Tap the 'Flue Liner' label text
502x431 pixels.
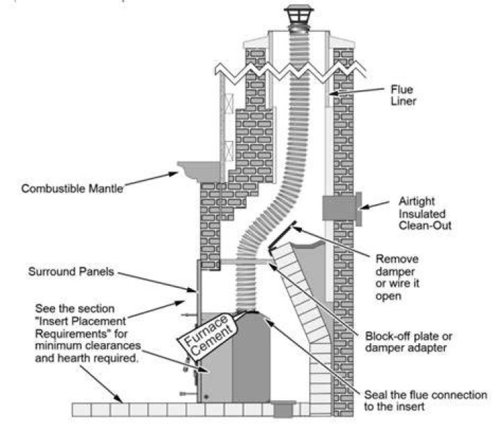click(403, 95)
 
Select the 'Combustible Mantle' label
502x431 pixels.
click(72, 188)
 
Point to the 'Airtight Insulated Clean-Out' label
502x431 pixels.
click(425, 213)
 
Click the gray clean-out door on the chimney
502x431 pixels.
click(342, 209)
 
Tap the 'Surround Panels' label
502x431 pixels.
click(71, 271)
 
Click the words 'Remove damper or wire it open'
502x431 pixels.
click(397, 278)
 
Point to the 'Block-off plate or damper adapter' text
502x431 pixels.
click(409, 342)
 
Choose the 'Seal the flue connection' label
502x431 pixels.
click(425, 400)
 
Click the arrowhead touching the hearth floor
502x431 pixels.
click(119, 400)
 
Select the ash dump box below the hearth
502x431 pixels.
click(283, 409)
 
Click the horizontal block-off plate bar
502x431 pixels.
click(245, 262)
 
